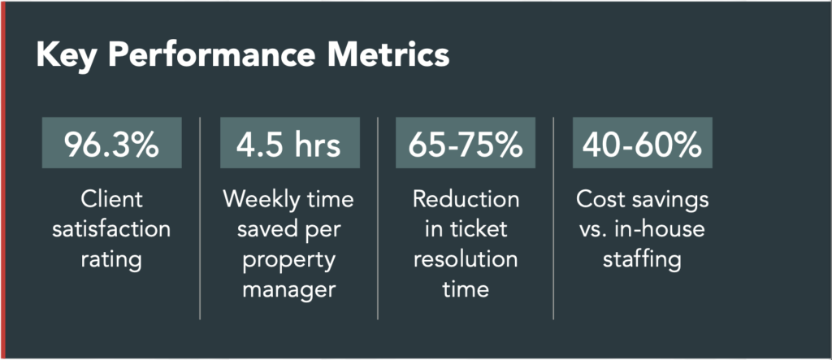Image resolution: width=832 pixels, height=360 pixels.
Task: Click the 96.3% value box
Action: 112,143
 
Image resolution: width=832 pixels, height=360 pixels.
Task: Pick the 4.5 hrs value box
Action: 290,143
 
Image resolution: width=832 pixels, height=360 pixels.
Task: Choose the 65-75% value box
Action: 466,143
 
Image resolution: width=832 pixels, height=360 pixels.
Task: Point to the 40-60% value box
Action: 642,143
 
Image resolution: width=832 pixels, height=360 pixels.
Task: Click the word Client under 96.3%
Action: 112,200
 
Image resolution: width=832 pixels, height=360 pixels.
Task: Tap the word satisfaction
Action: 111,230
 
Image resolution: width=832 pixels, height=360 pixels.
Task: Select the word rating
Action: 111,261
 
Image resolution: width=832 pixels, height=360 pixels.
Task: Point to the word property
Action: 290,261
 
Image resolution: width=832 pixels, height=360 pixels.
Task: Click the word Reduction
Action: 466,200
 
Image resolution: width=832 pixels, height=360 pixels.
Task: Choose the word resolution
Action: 466,260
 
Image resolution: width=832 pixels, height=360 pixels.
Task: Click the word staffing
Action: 642,261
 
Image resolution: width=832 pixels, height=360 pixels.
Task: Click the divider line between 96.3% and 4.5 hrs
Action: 200,219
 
